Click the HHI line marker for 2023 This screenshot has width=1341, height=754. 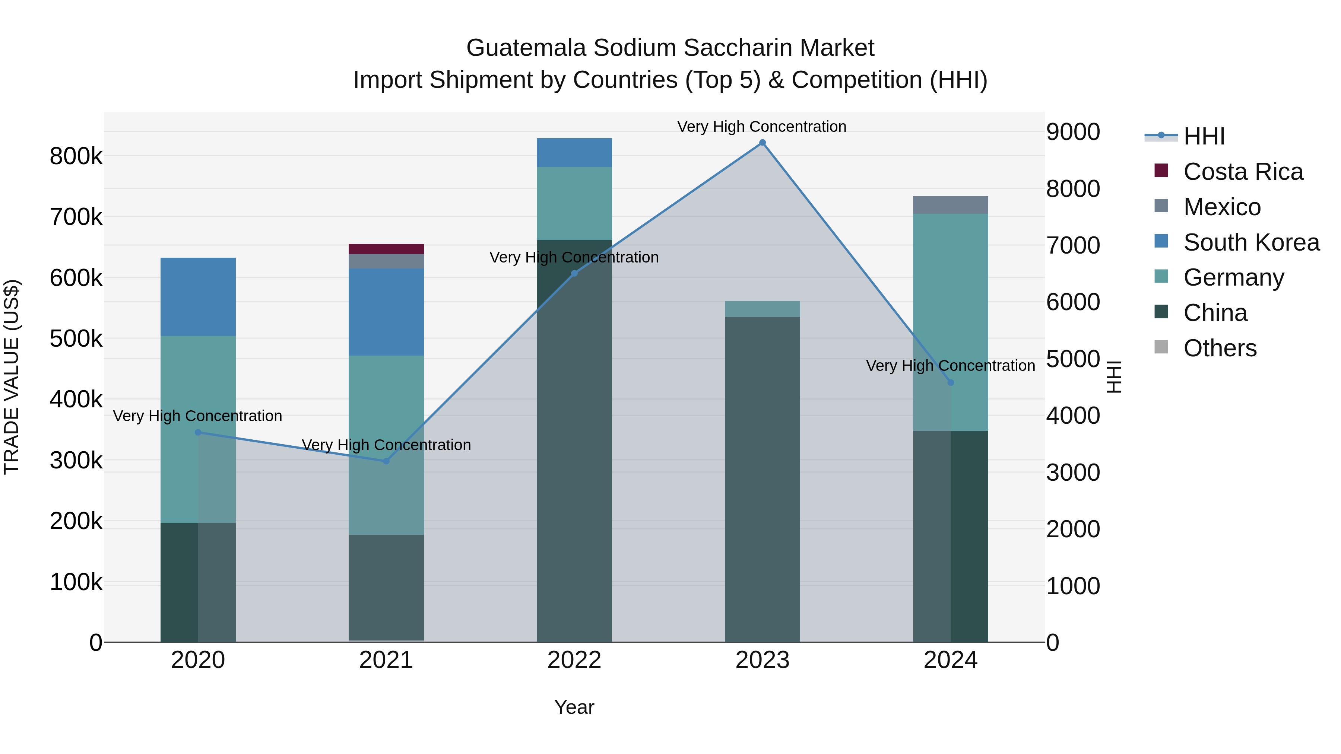click(x=762, y=143)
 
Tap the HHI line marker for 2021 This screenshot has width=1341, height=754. click(x=386, y=461)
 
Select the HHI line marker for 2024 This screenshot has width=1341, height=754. click(x=951, y=382)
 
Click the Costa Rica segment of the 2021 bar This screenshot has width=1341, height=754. click(x=386, y=249)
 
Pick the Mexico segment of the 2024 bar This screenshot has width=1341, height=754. click(x=951, y=205)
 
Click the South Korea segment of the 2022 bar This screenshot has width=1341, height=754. click(x=574, y=152)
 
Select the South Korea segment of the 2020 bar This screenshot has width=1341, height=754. click(x=198, y=297)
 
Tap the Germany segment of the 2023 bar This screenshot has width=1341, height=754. click(x=762, y=309)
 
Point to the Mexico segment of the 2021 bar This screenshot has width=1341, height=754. click(x=386, y=261)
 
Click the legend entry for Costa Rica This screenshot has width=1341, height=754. click(x=1243, y=172)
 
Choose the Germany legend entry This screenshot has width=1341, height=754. click(x=1233, y=277)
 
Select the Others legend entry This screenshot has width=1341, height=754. click(x=1220, y=348)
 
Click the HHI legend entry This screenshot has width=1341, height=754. click(x=1204, y=136)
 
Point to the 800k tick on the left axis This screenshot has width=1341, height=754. click(x=76, y=156)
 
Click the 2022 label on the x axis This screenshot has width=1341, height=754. click(x=574, y=660)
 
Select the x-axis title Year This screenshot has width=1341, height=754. click(x=574, y=707)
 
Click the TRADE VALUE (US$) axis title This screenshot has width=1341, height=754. click(x=12, y=377)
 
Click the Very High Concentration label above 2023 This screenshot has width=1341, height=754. click(x=762, y=127)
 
